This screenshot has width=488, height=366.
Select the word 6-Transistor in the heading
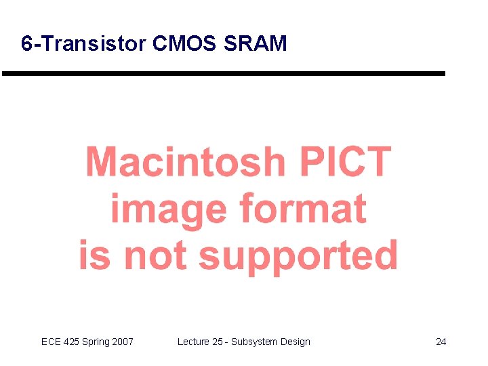point(83,44)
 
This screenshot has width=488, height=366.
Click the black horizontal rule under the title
point(224,73)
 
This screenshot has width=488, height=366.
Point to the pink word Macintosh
point(185,162)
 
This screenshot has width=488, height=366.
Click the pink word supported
point(298,256)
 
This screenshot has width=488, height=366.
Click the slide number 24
point(441,342)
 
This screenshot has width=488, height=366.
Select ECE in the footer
point(51,342)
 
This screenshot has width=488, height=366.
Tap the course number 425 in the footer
point(72,342)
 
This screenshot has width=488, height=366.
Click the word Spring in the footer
point(97,342)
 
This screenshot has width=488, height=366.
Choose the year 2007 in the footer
point(123,342)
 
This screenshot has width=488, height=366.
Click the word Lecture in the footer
point(193,342)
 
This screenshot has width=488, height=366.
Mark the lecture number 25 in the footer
point(218,342)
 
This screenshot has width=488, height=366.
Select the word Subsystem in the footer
point(254,342)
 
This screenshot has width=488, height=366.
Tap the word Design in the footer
point(296,342)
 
